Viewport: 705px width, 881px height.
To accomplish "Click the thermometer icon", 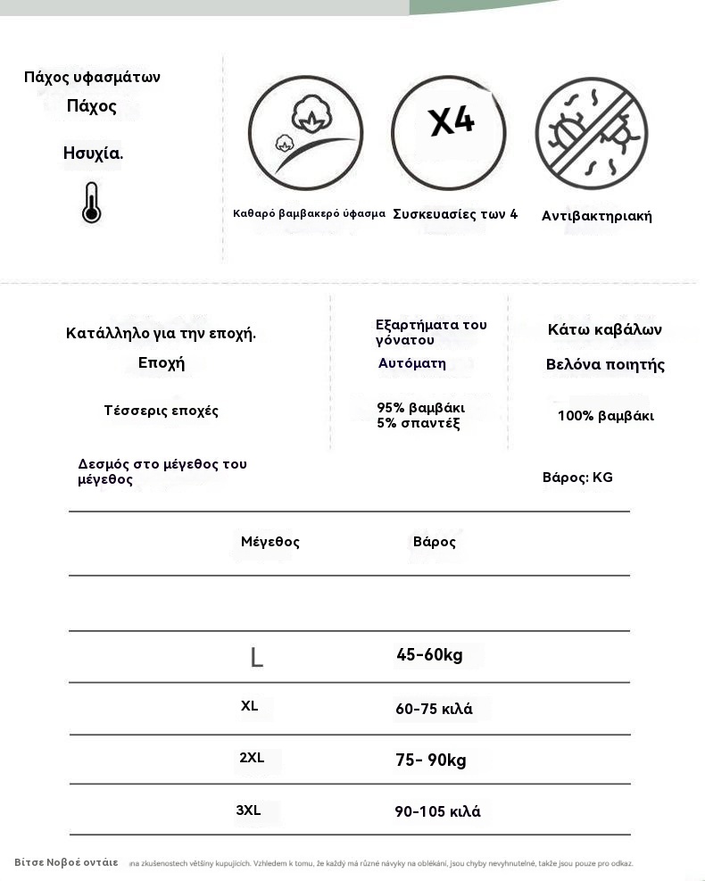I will coord(91,203).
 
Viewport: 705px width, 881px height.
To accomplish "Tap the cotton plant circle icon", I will coord(305,132).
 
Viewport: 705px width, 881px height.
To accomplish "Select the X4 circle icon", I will coord(449,132).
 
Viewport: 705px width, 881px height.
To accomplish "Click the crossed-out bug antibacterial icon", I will coord(592,133).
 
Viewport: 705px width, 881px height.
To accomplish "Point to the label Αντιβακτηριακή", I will coord(596,216).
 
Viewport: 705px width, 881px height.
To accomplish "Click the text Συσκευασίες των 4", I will coord(455,214).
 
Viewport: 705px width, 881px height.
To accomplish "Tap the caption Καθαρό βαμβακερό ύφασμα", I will coord(309,214).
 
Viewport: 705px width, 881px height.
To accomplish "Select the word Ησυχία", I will coord(93,154).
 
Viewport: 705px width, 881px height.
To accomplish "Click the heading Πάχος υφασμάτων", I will coord(92,78).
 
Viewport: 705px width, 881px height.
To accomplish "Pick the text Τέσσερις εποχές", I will coord(161,411).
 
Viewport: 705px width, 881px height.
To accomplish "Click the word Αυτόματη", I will coord(411,363).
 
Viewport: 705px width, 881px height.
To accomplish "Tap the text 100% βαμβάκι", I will coord(605,416).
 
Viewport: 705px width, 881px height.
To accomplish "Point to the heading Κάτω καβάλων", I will coord(604,330).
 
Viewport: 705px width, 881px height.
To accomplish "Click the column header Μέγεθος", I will coord(270,542).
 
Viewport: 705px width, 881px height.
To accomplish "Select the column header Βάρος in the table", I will coord(435,543).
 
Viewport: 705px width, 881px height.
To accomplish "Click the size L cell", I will coord(256,658).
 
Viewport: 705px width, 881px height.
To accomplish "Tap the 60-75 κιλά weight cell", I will coord(434,710).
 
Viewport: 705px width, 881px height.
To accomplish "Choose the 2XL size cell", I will coord(252,759).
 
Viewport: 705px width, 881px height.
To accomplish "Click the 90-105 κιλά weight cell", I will coord(437,812).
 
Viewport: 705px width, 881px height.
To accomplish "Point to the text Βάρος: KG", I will coord(577,478).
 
